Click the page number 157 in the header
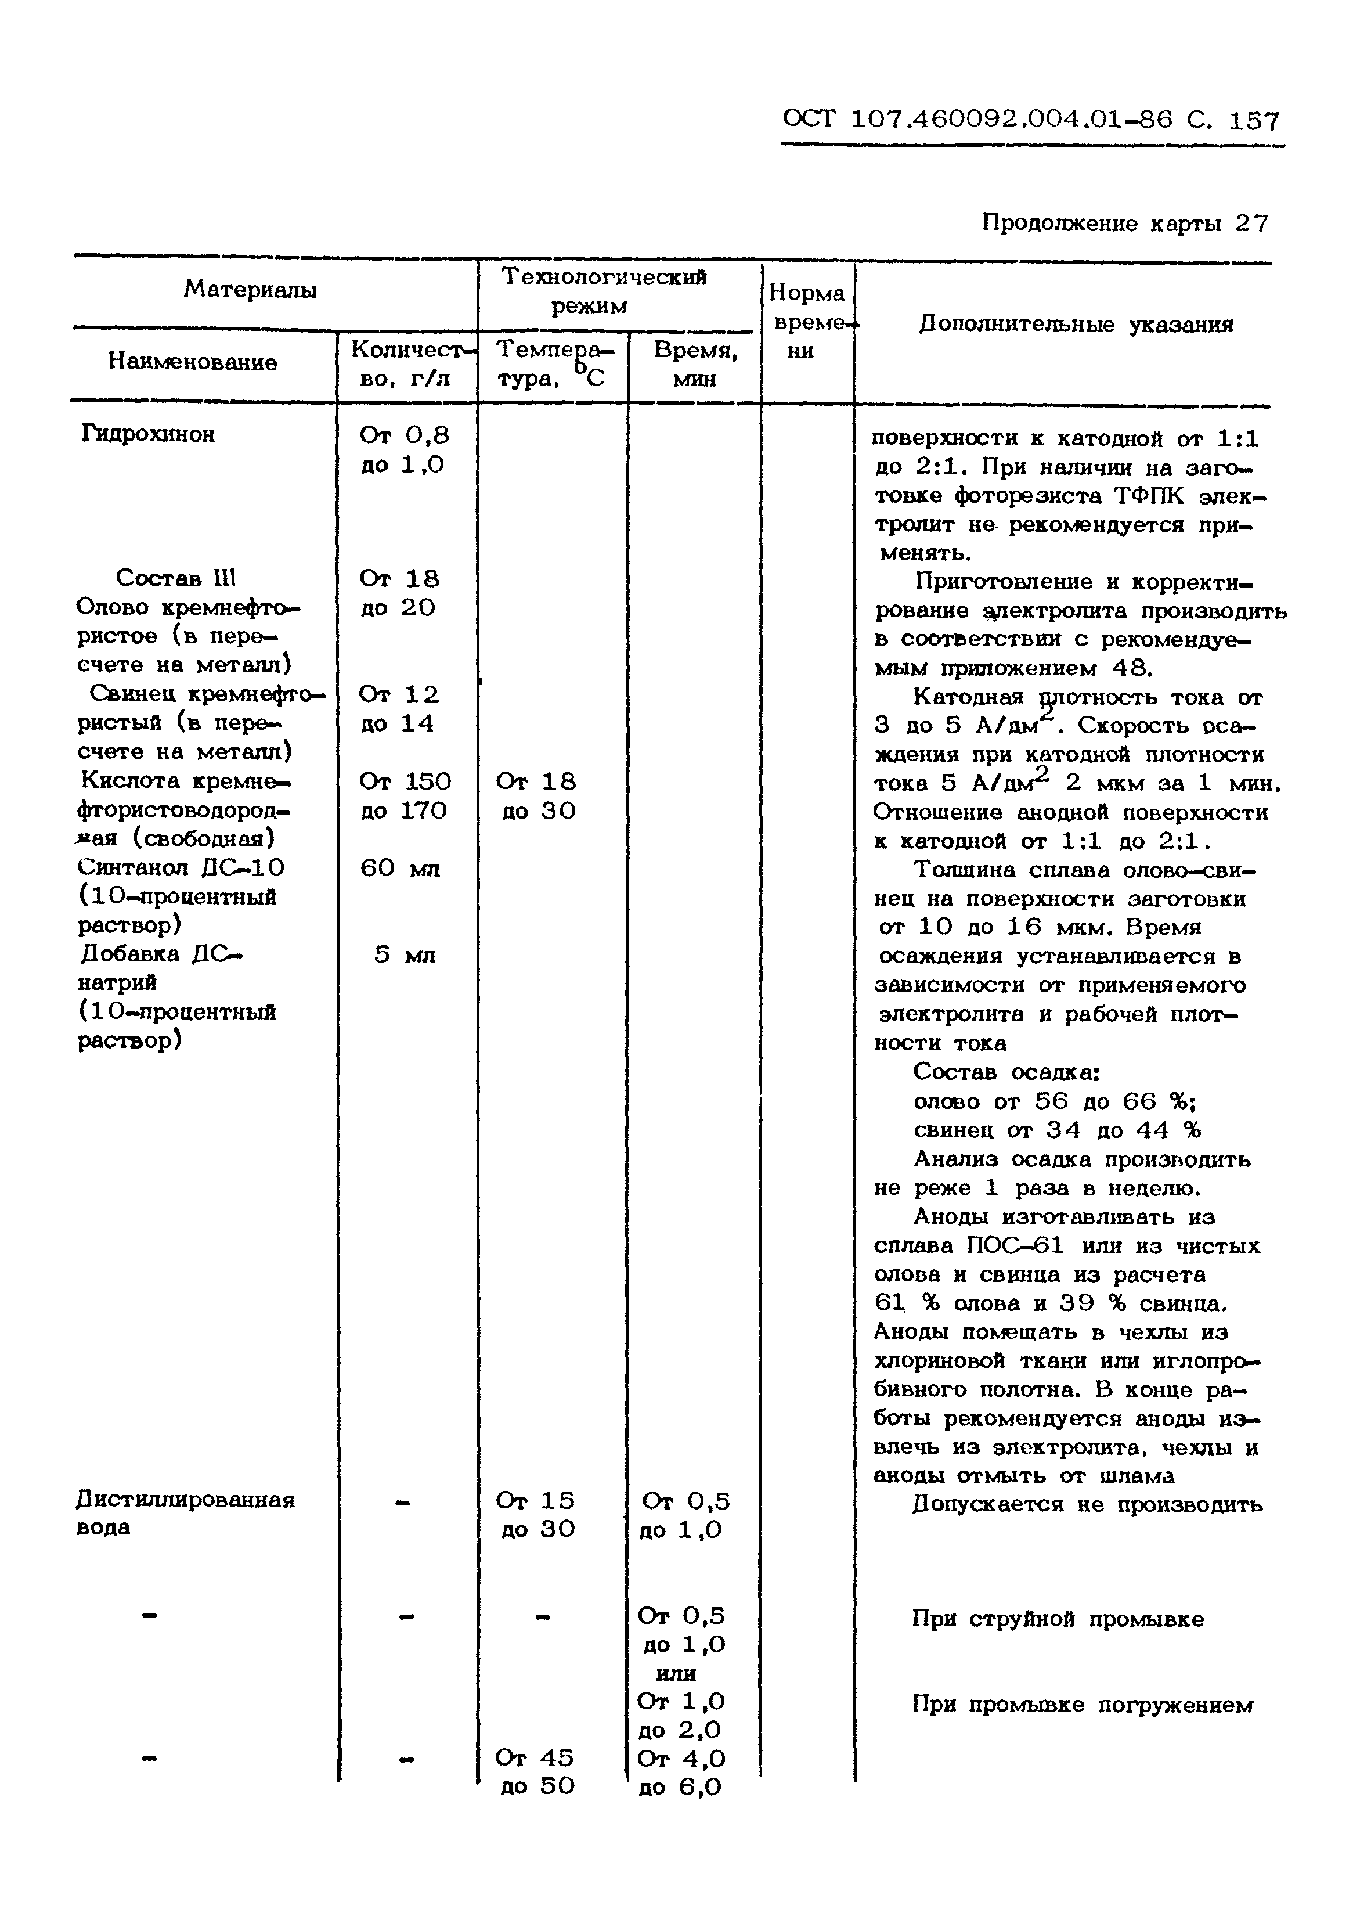coord(1253,121)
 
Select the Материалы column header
coord(251,290)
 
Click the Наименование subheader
coord(193,362)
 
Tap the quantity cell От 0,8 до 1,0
coord(403,450)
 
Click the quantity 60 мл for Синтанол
coord(400,868)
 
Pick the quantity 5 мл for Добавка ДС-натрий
coord(405,955)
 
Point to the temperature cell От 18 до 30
coord(536,796)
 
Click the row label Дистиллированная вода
coord(186,1514)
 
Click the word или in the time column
coord(676,1673)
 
